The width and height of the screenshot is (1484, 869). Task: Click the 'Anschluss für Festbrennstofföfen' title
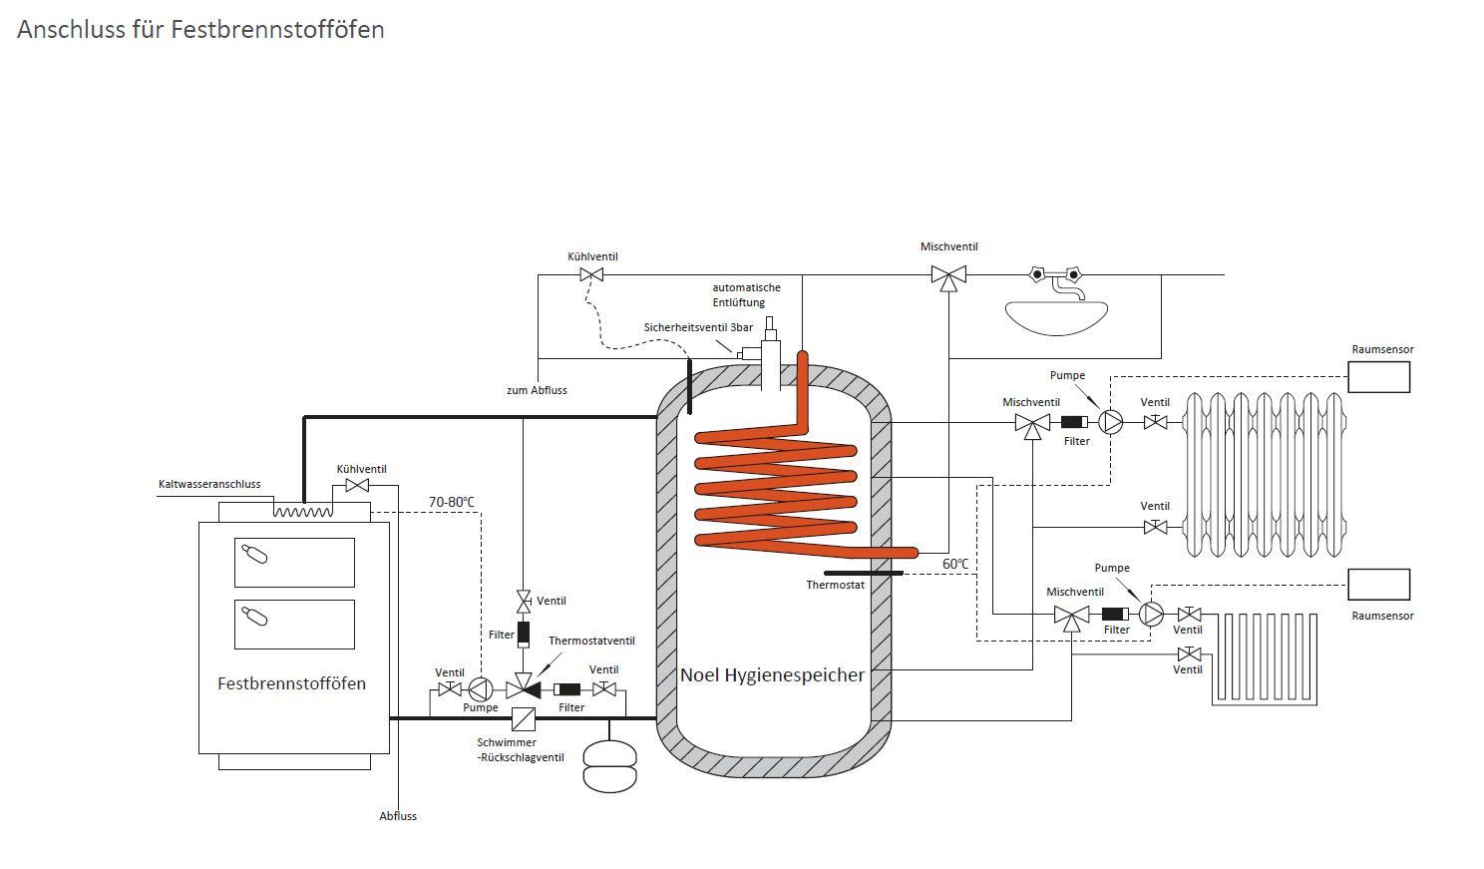pyautogui.click(x=200, y=30)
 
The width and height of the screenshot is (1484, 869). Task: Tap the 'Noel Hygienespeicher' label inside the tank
pyautogui.click(x=772, y=675)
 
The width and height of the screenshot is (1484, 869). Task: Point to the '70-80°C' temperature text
pyautogui.click(x=452, y=502)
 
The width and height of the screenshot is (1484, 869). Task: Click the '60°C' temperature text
pyautogui.click(x=955, y=564)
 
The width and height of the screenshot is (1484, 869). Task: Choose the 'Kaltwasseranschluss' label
pyautogui.click(x=209, y=485)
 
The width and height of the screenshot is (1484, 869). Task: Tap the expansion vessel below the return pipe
pyautogui.click(x=609, y=765)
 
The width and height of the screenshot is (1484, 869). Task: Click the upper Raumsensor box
pyautogui.click(x=1378, y=377)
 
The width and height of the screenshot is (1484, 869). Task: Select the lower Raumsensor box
pyautogui.click(x=1378, y=585)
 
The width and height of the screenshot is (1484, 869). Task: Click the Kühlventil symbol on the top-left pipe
pyautogui.click(x=592, y=274)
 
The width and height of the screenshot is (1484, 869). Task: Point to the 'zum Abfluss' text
pyautogui.click(x=537, y=390)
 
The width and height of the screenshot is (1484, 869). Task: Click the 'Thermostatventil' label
pyautogui.click(x=591, y=641)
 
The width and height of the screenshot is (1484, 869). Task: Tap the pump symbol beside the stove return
pyautogui.click(x=480, y=688)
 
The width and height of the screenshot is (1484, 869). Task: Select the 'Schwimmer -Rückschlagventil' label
pyautogui.click(x=520, y=750)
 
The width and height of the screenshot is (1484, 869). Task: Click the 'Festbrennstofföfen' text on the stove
pyautogui.click(x=291, y=684)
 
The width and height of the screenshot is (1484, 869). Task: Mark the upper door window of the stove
pyautogui.click(x=294, y=562)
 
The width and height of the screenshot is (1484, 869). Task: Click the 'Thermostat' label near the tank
pyautogui.click(x=835, y=585)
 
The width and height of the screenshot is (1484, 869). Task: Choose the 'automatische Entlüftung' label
pyautogui.click(x=746, y=294)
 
